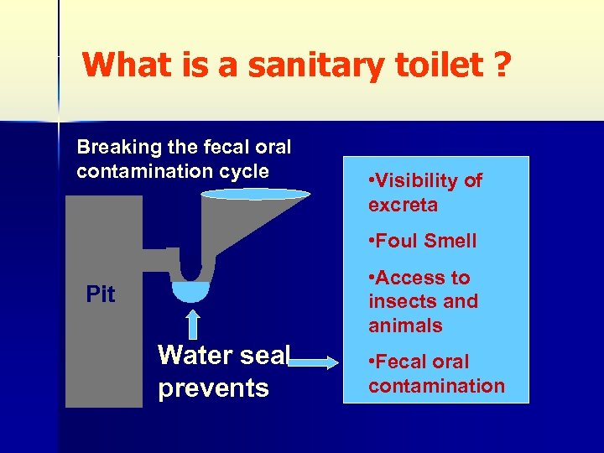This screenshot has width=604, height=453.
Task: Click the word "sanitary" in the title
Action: click(293, 64)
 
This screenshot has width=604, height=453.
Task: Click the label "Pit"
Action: click(101, 294)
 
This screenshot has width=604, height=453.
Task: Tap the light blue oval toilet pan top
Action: click(255, 194)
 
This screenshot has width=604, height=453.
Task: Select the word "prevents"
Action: click(213, 388)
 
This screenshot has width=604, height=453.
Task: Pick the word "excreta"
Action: click(403, 205)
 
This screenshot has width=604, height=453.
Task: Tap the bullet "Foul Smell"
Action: click(422, 241)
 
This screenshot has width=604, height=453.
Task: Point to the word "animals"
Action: click(405, 325)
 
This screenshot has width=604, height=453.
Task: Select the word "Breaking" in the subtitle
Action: click(118, 148)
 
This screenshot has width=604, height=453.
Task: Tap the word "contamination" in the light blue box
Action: click(436, 386)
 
